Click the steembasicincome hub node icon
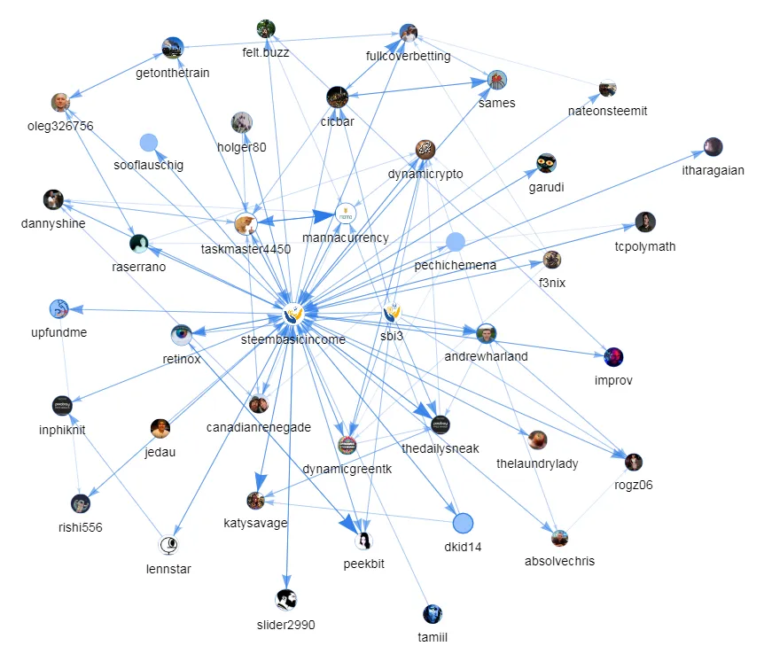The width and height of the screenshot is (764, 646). pos(293,314)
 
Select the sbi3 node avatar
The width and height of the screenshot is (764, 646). pos(392,312)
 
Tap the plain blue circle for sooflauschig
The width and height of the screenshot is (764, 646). pos(149,143)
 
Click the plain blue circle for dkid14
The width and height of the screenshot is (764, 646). pos(463,523)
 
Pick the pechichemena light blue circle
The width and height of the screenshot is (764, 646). pos(456,242)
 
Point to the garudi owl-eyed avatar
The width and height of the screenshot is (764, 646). pos(546,163)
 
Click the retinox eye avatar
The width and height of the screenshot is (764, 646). pos(182,334)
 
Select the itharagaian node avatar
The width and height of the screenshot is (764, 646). pos(713,146)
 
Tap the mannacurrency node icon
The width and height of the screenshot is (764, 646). pos(346,214)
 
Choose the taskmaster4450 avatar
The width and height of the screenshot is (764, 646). pos(246,224)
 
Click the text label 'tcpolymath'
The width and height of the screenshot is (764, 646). pos(645,246)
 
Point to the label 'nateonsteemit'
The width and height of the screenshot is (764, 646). pos(608,111)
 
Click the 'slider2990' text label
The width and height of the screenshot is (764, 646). pos(286,625)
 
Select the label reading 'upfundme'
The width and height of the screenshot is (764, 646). pos(59,332)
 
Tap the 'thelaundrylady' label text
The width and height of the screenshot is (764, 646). pos(537,463)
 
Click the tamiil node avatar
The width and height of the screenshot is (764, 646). pos(433,614)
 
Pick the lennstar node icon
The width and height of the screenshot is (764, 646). pos(168,545)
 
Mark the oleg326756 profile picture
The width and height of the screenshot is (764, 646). pos(60,102)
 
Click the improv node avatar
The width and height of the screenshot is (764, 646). pos(613,357)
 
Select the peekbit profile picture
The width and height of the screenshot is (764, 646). pos(363,541)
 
